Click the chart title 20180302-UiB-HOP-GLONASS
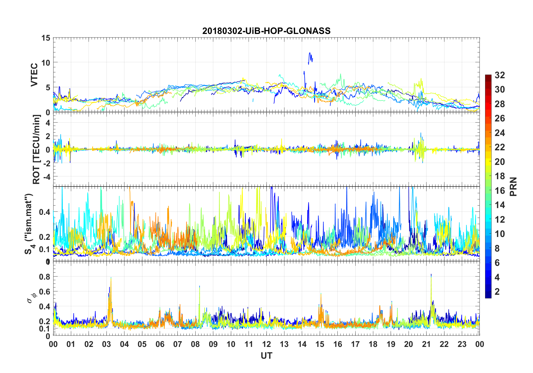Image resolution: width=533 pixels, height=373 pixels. pyautogui.click(x=266, y=31)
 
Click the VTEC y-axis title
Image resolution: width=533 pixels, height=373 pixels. pyautogui.click(x=34, y=75)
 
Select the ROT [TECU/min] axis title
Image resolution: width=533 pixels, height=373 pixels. pyautogui.click(x=36, y=149)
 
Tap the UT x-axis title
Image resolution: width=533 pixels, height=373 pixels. pyautogui.click(x=266, y=356)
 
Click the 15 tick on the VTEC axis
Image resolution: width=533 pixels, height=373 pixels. pyautogui.click(x=46, y=38)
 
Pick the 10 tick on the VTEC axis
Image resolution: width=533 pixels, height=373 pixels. pyautogui.click(x=46, y=63)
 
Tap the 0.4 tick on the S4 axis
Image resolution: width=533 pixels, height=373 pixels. pyautogui.click(x=45, y=212)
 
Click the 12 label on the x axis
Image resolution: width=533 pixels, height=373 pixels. pyautogui.click(x=266, y=344)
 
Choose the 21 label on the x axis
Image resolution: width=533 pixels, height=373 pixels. pyautogui.click(x=426, y=344)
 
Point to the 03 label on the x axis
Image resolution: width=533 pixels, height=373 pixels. pyautogui.click(x=106, y=344)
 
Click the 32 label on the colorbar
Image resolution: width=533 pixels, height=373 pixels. pyautogui.click(x=500, y=75)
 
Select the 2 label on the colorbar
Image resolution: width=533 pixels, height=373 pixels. pyautogui.click(x=497, y=292)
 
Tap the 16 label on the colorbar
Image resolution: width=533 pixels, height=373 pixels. pyautogui.click(x=500, y=191)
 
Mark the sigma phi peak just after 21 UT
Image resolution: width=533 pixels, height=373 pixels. pyautogui.click(x=431, y=275)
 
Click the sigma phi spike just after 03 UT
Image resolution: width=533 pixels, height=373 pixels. pyautogui.click(x=111, y=278)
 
